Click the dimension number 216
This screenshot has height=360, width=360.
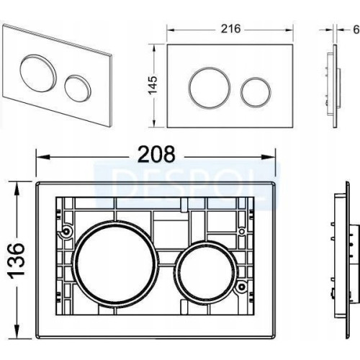(x=230, y=29)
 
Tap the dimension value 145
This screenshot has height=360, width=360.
(x=153, y=86)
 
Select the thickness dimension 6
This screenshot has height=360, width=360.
(x=356, y=30)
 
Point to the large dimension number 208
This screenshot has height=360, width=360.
(x=157, y=155)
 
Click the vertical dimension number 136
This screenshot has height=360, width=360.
(x=17, y=261)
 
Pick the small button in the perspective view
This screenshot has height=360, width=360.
(x=78, y=87)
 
